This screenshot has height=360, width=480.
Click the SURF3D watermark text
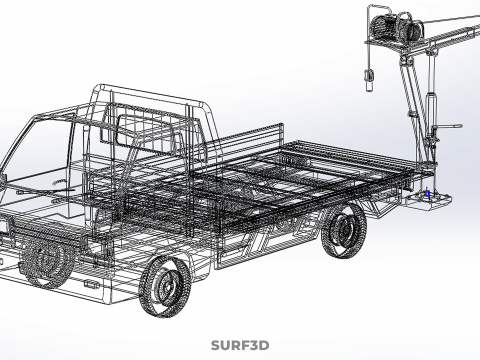240,345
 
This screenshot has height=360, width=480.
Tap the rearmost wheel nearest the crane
344,231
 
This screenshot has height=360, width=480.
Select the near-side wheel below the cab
165,287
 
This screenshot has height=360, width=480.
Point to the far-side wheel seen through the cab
46,262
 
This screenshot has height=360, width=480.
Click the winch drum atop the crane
397,26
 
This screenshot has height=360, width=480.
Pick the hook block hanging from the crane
369,80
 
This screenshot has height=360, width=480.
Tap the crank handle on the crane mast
448,127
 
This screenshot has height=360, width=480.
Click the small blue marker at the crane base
427,193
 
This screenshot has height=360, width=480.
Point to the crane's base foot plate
429,201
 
